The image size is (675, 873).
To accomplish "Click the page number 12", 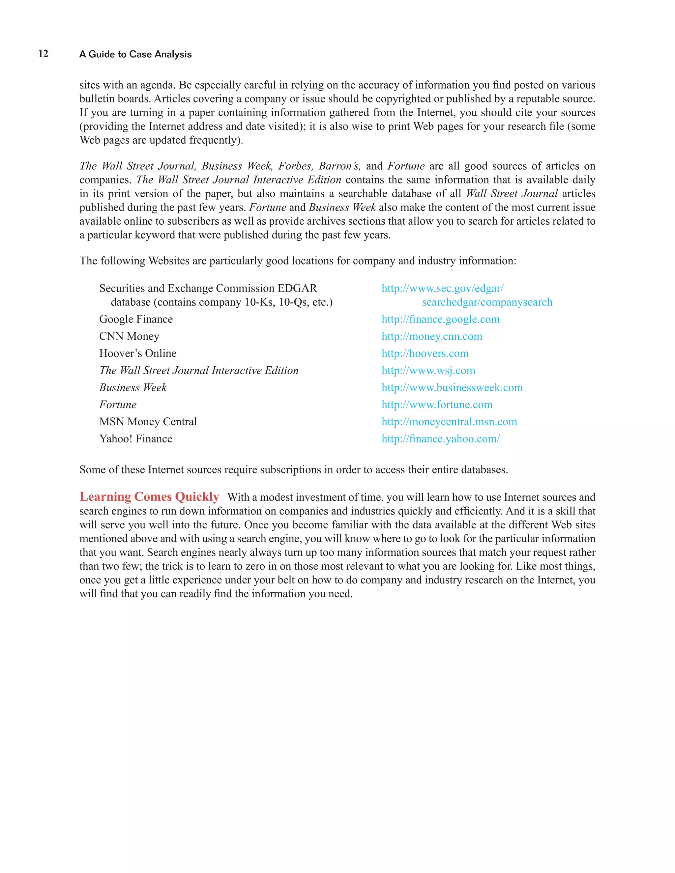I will (x=43, y=54).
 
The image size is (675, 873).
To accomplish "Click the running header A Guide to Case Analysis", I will (x=135, y=54).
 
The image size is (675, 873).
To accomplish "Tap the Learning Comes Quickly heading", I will (x=149, y=496).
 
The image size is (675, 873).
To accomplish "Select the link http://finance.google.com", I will (x=440, y=319).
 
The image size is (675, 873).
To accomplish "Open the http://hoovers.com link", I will (x=425, y=353).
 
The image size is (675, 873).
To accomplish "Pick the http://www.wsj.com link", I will (x=428, y=371).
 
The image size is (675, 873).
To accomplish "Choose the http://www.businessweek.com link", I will (x=452, y=388).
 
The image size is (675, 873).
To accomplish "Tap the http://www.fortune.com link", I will (x=437, y=405).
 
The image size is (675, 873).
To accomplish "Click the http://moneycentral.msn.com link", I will (x=449, y=422).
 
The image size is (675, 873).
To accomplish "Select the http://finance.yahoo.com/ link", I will (x=440, y=439).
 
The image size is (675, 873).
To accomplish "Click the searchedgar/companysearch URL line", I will (x=487, y=302).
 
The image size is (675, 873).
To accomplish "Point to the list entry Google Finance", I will (x=136, y=319).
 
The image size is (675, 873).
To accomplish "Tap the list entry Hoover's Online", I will (x=137, y=353).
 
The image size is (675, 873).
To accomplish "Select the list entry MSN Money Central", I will (x=148, y=422).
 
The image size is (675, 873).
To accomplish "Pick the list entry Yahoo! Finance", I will (x=135, y=439).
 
